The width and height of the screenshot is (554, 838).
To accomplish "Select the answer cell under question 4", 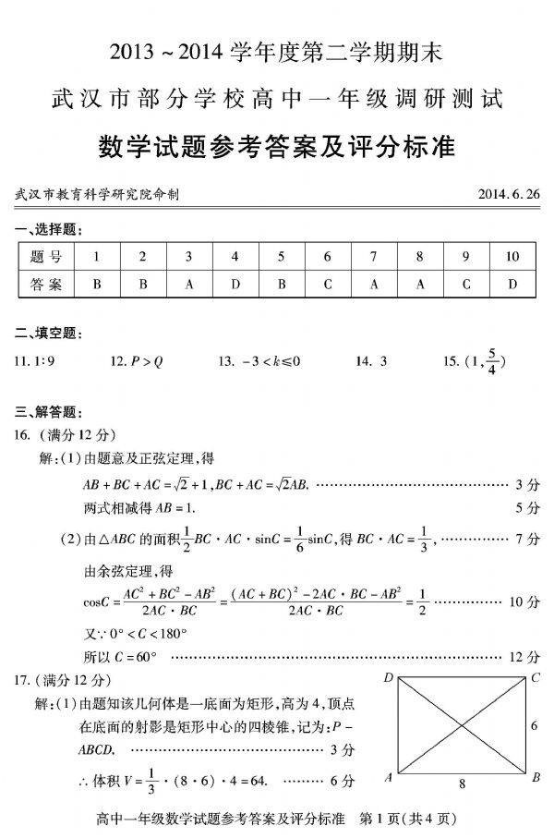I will click(235, 285).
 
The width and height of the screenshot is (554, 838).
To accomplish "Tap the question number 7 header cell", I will click(373, 256).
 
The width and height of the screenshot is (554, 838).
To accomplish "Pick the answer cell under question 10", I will click(512, 285).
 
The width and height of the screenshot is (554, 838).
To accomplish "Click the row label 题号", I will click(45, 256).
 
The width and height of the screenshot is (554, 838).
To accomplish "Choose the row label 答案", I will click(45, 285).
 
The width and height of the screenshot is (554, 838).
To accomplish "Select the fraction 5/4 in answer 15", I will click(494, 361).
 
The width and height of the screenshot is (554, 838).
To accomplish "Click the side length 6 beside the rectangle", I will click(534, 726).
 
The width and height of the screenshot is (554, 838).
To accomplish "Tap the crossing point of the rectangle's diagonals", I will click(462, 727).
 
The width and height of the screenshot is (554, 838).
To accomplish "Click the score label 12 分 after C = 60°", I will click(525, 657).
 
